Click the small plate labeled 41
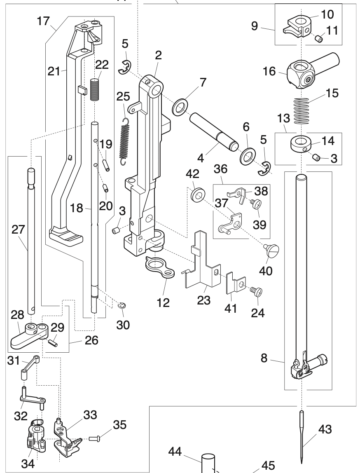tap(234, 285)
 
